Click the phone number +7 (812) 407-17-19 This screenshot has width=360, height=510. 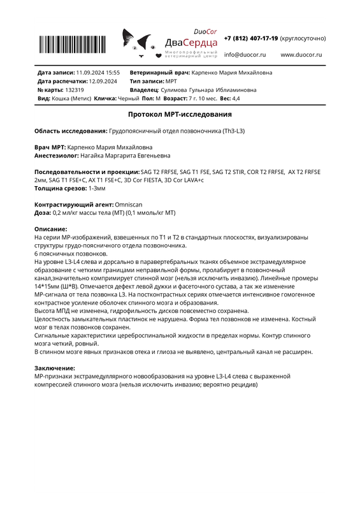point(252,38)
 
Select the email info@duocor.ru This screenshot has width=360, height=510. point(245,55)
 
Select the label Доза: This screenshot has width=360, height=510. point(42,212)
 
